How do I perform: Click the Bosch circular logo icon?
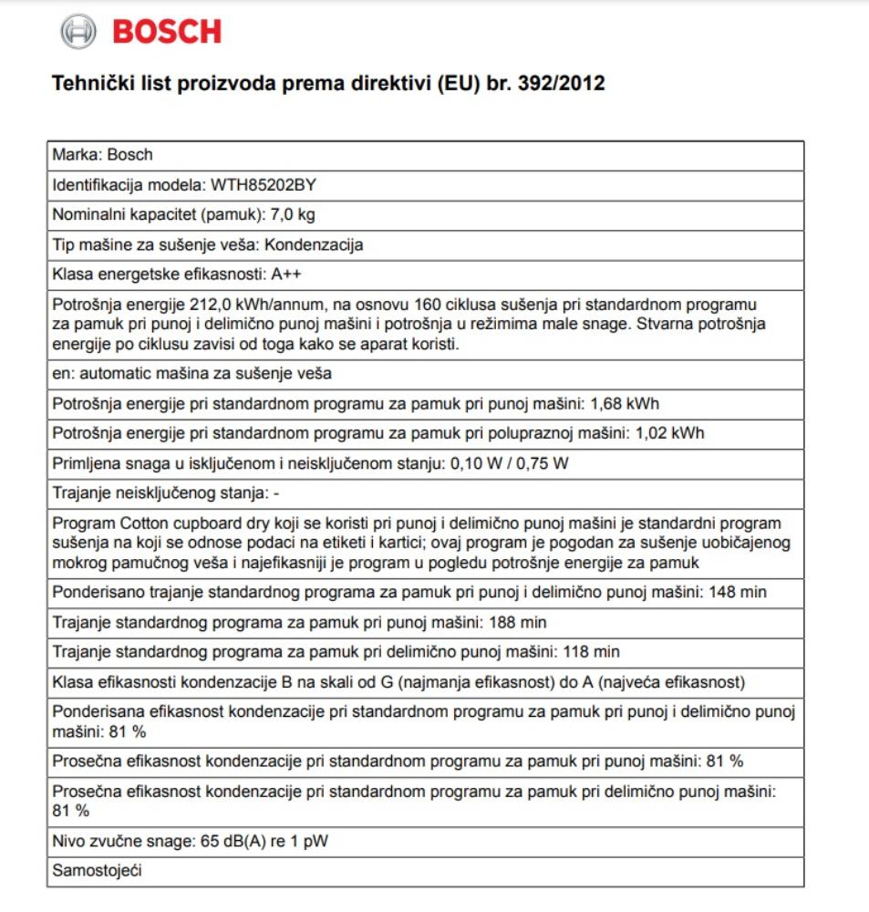(78, 32)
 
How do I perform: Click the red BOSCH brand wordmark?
(167, 32)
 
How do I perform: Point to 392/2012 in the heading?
(560, 84)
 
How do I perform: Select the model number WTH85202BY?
(264, 185)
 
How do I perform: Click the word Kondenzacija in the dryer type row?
(314, 244)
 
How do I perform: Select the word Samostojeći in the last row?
(98, 870)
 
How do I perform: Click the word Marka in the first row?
(76, 155)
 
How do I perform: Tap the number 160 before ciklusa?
(428, 304)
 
